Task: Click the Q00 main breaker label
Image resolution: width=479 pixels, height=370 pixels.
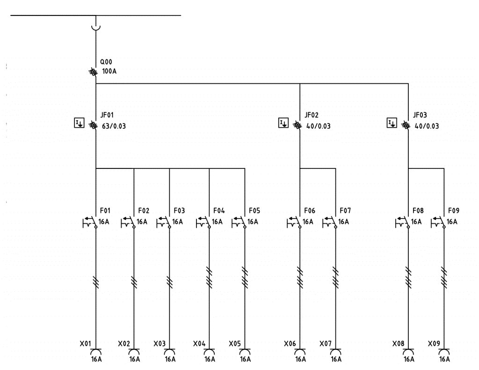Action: [106, 62]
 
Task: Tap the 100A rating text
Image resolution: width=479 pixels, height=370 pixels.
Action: [109, 72]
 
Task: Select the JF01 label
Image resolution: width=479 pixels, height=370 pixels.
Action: [107, 115]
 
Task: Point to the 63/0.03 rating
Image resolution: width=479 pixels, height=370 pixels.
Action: [114, 126]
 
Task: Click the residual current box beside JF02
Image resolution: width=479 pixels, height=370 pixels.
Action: [283, 123]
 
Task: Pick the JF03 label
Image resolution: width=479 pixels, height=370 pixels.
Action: [420, 115]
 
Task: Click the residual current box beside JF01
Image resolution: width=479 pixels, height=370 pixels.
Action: [80, 123]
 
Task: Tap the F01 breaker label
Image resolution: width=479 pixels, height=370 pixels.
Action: [105, 210]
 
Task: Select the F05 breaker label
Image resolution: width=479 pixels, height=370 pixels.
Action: [254, 210]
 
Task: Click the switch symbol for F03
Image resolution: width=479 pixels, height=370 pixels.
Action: [164, 222]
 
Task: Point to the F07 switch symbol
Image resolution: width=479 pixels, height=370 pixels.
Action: [330, 222]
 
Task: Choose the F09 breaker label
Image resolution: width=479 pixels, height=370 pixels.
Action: [454, 210]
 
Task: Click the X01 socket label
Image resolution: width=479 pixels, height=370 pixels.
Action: [85, 344]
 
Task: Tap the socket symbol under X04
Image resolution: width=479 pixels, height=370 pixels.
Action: [209, 351]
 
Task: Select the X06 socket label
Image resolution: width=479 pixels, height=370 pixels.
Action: [290, 344]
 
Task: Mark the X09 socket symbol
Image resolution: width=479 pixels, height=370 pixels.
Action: [444, 351]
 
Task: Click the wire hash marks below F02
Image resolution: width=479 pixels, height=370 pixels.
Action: [134, 282]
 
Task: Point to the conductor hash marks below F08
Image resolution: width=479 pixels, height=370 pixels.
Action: [408, 277]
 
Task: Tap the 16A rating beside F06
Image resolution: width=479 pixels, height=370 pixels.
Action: [308, 222]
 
